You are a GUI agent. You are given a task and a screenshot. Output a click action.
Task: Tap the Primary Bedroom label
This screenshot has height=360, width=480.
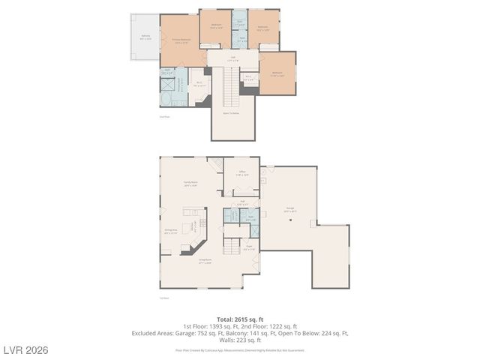coord(181,41)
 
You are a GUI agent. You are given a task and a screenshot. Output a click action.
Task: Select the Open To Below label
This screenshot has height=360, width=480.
coord(231,113)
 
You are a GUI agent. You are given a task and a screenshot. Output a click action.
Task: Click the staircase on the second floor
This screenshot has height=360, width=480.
coord(231,87)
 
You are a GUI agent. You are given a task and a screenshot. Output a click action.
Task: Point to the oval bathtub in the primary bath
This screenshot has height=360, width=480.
coord(166,98)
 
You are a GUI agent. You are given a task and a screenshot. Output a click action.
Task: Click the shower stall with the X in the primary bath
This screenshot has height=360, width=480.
coord(168,83)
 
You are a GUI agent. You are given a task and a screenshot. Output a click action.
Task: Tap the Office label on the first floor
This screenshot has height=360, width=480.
coord(242,173)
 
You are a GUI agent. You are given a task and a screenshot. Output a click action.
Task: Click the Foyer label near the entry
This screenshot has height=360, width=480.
coord(249,248)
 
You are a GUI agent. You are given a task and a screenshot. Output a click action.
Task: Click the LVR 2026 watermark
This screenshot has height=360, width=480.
coord(26,350)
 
